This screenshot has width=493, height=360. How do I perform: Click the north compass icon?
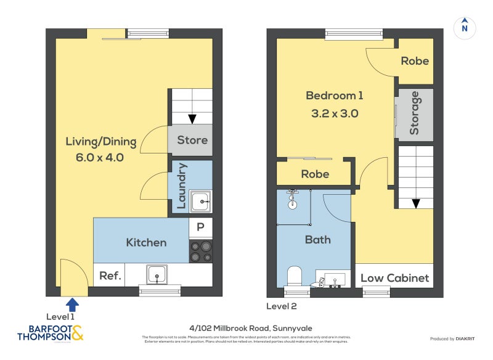[465, 27]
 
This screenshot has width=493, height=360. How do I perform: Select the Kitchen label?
[146, 242]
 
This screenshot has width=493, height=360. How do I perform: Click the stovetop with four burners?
[201, 250]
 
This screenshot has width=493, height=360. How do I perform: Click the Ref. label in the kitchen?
[110, 276]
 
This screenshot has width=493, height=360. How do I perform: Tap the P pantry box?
[200, 227]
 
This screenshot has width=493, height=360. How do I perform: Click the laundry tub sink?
[200, 201]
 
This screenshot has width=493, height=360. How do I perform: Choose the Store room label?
[192, 140]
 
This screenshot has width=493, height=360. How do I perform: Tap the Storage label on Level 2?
[414, 113]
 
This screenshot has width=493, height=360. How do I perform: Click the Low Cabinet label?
[394, 278]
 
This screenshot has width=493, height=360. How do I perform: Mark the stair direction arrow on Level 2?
[416, 203]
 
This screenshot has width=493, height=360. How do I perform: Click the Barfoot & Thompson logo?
[49, 332]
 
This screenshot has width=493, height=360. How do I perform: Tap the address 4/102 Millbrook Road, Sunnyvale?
[246, 329]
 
